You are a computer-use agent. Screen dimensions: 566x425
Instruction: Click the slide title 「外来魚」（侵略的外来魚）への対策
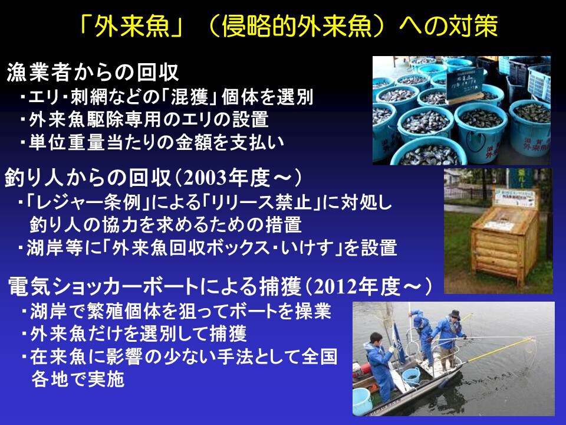(x=288, y=25)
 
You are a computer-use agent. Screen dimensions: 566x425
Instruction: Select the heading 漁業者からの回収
(x=93, y=72)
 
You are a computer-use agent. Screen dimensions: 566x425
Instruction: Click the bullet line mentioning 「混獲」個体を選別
(x=166, y=97)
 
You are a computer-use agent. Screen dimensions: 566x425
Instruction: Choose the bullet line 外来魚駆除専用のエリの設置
(x=144, y=120)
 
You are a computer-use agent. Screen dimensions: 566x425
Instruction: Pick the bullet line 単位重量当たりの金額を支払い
(x=152, y=142)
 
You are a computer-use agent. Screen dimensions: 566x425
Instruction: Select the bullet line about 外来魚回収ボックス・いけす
(x=208, y=248)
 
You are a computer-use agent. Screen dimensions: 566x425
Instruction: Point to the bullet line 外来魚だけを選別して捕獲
(x=134, y=333)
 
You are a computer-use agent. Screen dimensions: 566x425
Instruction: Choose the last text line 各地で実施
(x=78, y=379)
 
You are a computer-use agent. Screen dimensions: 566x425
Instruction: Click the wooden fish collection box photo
(x=498, y=231)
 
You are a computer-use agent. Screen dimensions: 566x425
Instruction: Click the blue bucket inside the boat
(x=411, y=376)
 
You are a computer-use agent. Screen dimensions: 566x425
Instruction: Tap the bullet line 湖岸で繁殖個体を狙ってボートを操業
(x=176, y=311)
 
